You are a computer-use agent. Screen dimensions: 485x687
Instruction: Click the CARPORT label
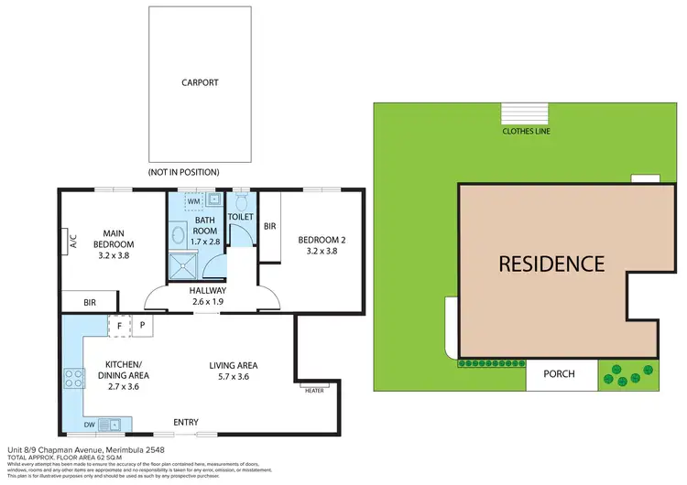pyautogui.click(x=201, y=81)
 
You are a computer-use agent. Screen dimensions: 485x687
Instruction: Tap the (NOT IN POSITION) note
pyautogui.click(x=183, y=172)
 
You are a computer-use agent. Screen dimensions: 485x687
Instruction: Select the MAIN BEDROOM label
pyautogui.click(x=114, y=239)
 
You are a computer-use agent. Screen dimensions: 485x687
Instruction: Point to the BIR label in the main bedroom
pyautogui.click(x=89, y=301)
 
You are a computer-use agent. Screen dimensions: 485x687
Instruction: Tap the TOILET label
pyautogui.click(x=240, y=217)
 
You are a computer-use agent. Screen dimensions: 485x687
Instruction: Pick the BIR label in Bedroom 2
pyautogui.click(x=269, y=225)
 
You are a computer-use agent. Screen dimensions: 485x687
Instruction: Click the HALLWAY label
pyautogui.click(x=208, y=290)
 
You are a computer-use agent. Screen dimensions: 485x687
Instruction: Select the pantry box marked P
pyautogui.click(x=142, y=325)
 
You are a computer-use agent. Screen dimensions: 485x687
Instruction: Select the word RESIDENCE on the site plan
pyautogui.click(x=551, y=264)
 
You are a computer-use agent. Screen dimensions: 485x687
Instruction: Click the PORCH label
pyautogui.click(x=559, y=373)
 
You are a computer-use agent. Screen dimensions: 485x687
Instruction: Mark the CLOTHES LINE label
pyautogui.click(x=525, y=131)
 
